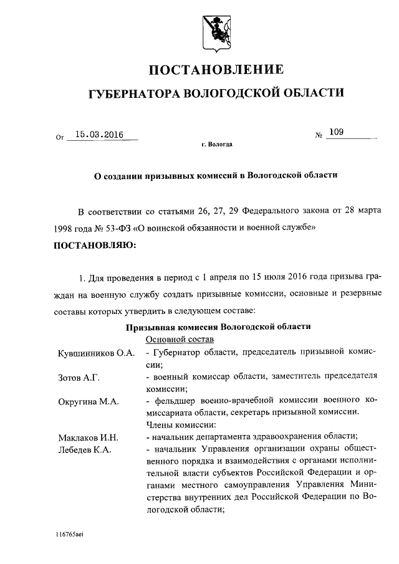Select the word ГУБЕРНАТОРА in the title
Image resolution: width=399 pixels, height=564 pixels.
132,93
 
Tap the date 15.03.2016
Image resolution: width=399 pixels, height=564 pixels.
99,133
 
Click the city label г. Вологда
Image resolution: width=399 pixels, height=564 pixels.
216,144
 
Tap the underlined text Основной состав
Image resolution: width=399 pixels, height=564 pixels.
180,339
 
